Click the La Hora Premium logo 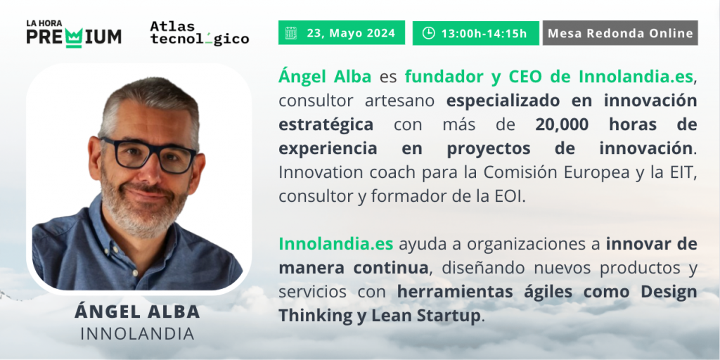(x=74, y=34)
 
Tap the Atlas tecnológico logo (x=199, y=34)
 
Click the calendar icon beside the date (x=290, y=33)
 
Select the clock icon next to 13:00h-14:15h (x=428, y=33)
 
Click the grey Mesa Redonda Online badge (x=620, y=33)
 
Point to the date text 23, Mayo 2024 (x=351, y=33)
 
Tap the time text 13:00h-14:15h (x=484, y=33)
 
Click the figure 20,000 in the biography (x=562, y=124)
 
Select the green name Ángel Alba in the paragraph (x=325, y=76)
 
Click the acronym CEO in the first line (x=526, y=77)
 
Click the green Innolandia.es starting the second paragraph (x=335, y=244)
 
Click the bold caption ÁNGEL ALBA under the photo (x=137, y=311)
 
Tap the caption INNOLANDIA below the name (x=137, y=334)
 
